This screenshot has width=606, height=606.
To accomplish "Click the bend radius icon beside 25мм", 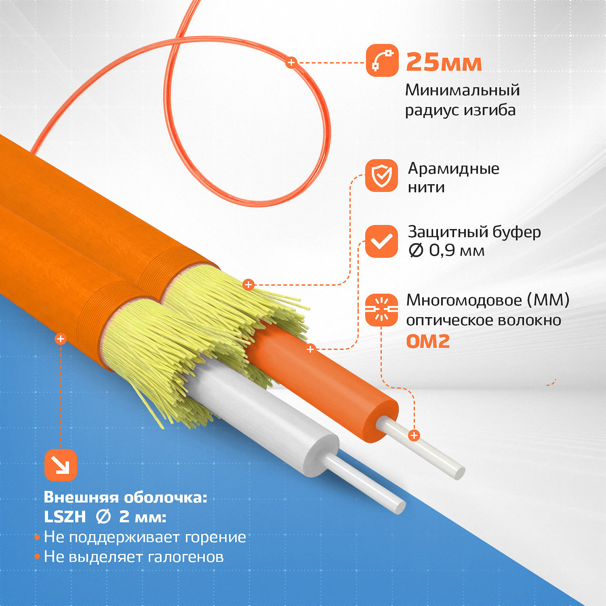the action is [x=382, y=60].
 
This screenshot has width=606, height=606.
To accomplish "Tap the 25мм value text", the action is [x=444, y=63].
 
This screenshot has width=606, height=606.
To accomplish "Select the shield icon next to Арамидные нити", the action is [x=382, y=175].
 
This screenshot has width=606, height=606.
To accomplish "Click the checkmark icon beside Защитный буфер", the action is [x=382, y=241].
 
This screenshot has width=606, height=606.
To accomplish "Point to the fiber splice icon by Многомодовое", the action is [x=382, y=310].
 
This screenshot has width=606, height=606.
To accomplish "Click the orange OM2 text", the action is [x=428, y=341].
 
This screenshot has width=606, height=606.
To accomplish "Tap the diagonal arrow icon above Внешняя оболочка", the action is [x=61, y=465].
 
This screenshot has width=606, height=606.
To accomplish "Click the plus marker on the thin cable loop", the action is [x=291, y=63].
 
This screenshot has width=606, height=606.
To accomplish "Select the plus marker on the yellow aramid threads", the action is [x=248, y=285].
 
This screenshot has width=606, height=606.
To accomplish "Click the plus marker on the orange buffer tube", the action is [x=310, y=349].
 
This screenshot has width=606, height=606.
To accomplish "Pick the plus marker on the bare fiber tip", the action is [x=414, y=436].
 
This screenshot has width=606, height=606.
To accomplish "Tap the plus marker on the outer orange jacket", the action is [x=61, y=339].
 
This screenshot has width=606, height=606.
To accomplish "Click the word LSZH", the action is [x=65, y=517].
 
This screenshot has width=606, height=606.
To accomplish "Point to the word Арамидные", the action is [x=454, y=168].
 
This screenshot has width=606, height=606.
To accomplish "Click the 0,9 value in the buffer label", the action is [x=442, y=250].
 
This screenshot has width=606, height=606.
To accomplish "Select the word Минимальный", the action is [x=463, y=90].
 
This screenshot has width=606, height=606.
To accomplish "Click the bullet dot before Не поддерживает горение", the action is [x=37, y=537].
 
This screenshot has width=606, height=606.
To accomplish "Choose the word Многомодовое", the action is [x=464, y=300].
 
